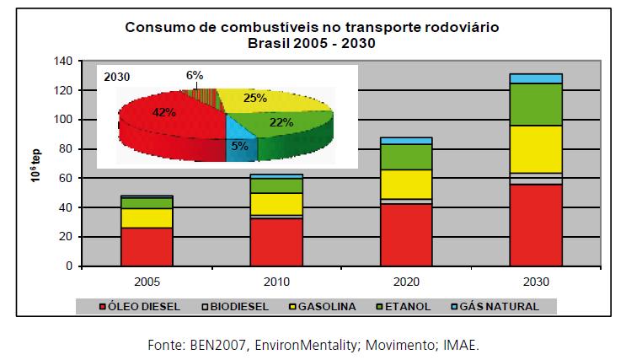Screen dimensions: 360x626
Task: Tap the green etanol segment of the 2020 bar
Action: [406, 157]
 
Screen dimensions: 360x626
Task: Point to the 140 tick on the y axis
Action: [62, 62]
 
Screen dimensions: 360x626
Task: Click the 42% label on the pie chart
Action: [164, 110]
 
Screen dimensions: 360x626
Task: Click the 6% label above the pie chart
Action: [195, 75]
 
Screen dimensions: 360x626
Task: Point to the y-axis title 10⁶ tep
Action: [35, 163]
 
